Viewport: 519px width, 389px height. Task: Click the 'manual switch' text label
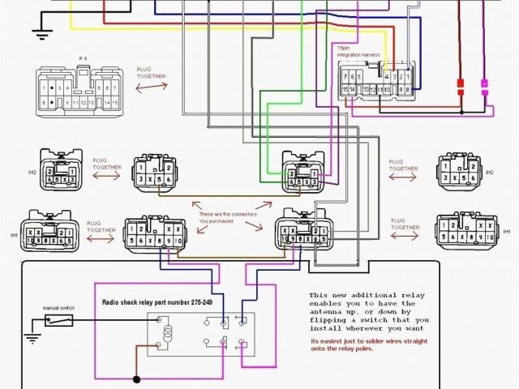click(58, 308)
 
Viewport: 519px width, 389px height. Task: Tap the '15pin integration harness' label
click(358, 52)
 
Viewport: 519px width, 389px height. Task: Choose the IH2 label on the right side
click(489, 173)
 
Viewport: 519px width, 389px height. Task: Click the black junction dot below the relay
click(136, 378)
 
